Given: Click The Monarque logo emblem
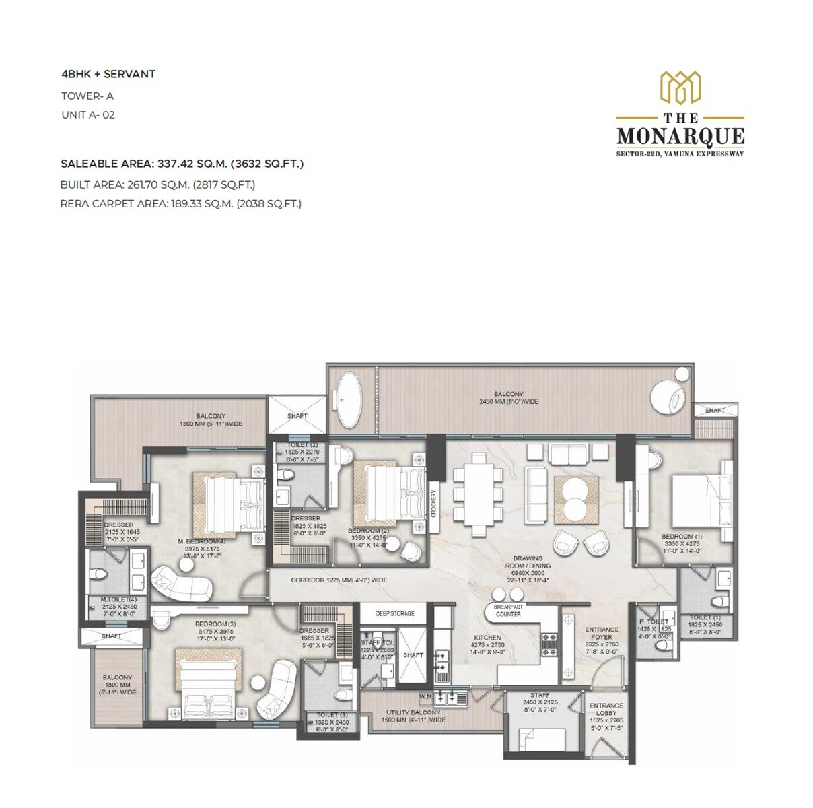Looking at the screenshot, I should (680, 88).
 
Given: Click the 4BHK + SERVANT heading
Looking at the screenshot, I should (108, 74).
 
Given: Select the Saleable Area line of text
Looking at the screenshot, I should (182, 164).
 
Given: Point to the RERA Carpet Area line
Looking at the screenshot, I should (180, 203).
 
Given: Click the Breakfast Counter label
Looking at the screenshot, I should (508, 610).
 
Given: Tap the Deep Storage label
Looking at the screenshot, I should (395, 613).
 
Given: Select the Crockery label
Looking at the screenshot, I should (435, 503).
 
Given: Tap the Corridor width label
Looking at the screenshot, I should (339, 580).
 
